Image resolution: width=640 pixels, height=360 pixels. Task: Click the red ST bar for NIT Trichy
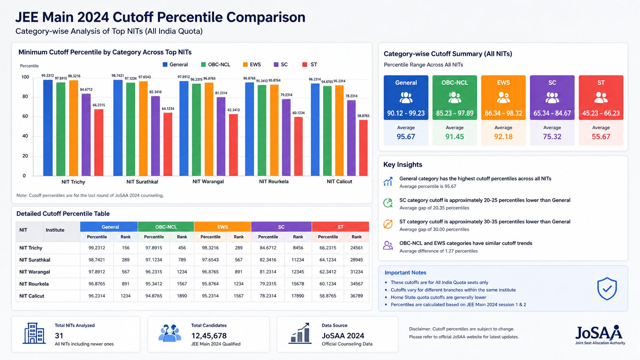[x=99, y=142]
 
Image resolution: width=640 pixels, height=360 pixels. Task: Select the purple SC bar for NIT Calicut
[x=351, y=138]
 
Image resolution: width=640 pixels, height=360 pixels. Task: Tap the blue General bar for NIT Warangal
[x=184, y=129]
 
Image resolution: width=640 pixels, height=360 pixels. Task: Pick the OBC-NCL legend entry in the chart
[x=216, y=65]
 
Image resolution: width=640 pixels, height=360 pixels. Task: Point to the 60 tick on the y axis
[x=25, y=116]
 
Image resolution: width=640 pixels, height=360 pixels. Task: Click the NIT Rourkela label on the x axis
[x=274, y=182]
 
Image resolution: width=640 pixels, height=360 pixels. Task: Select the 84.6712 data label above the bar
[x=86, y=90]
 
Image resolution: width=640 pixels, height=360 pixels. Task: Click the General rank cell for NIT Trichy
[x=126, y=248]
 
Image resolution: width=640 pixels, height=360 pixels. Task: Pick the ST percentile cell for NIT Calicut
[x=328, y=296]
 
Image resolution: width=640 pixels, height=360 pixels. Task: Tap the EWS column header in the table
[x=222, y=227]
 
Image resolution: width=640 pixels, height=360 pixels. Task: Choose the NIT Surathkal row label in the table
[x=34, y=260]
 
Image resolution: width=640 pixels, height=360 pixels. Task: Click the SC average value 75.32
[x=552, y=137]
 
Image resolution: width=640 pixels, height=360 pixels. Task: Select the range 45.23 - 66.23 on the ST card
[x=601, y=113]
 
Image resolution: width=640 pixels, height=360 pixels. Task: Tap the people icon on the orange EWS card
[x=503, y=98]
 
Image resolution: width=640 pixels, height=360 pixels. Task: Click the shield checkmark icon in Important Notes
[x=607, y=288]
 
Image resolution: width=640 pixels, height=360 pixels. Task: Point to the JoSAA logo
[x=600, y=335]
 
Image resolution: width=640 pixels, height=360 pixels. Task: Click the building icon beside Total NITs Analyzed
[x=34, y=333]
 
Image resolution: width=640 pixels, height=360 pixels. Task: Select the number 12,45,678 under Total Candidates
[x=209, y=336]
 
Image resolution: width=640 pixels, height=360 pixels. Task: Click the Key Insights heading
[x=403, y=165]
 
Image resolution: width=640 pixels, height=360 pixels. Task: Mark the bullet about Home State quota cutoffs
[x=438, y=297]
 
